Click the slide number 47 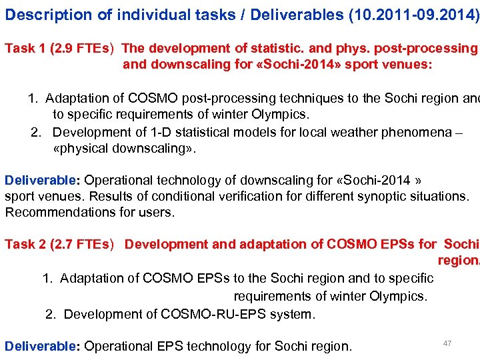(x=447, y=343)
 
